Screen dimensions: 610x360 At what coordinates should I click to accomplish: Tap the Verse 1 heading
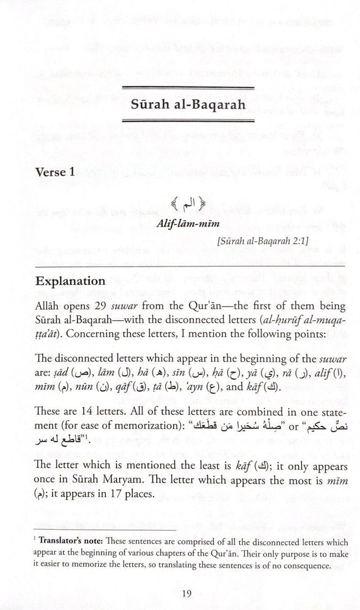[55, 172]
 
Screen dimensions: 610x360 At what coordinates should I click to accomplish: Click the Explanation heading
[70, 281]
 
